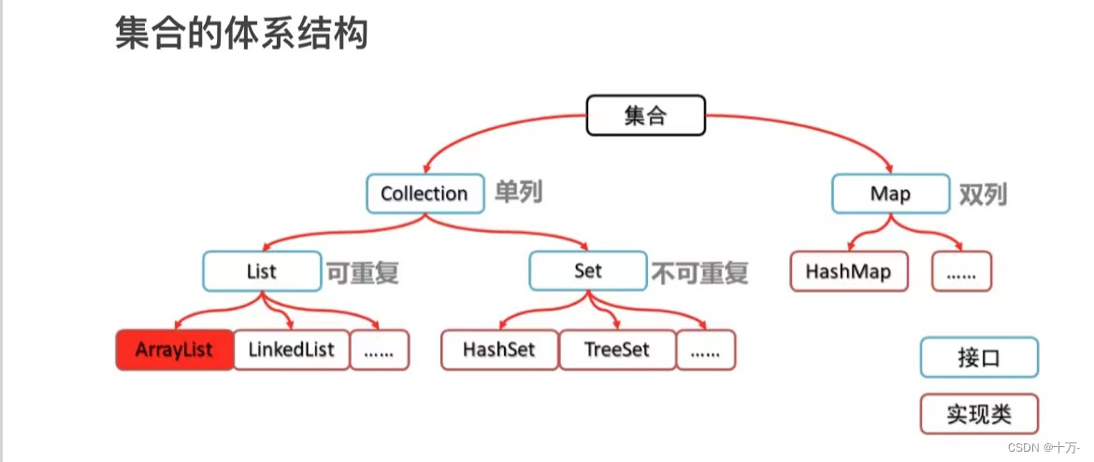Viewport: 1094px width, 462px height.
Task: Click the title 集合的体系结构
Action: [x=241, y=35]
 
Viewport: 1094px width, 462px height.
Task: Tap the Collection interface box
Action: [x=425, y=194]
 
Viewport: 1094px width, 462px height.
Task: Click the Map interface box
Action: [x=890, y=194]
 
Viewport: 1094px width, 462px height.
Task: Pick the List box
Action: [x=262, y=271]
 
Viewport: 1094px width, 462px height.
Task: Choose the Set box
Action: [x=588, y=271]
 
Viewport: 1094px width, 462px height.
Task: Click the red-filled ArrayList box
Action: [x=174, y=351]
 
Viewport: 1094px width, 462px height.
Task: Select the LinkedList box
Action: [x=291, y=351]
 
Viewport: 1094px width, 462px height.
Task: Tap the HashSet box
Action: [x=499, y=351]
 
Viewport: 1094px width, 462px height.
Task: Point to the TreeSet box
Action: [x=617, y=351]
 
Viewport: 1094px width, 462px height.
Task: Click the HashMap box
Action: [x=848, y=271]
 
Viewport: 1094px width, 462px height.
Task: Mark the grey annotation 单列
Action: [x=519, y=194]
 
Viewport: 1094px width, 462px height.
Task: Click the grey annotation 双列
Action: [x=984, y=194]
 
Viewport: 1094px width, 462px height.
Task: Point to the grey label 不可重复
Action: [x=700, y=272]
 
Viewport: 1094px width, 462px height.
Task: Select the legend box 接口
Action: [x=979, y=357]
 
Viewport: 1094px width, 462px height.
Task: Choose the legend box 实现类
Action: [x=979, y=412]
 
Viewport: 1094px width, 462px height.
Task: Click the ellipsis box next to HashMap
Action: [x=961, y=271]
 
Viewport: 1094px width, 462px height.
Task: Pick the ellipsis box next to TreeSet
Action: [x=706, y=351]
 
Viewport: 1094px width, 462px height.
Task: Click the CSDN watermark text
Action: [x=1044, y=448]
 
